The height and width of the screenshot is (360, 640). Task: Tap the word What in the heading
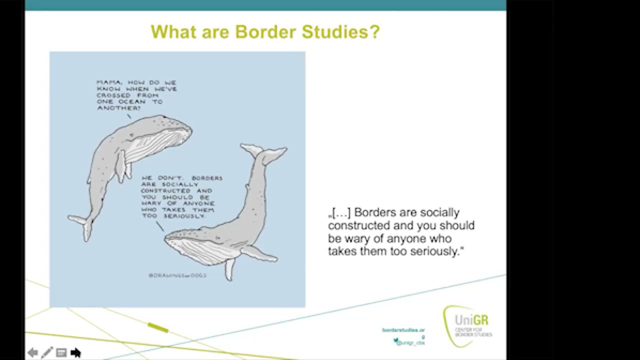coord(172,32)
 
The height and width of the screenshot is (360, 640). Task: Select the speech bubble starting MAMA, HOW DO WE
coord(136,95)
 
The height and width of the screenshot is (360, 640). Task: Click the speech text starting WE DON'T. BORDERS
coord(181,196)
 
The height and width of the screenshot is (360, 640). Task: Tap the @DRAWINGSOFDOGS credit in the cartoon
coord(177,275)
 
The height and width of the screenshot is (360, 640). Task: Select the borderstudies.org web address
coord(403,330)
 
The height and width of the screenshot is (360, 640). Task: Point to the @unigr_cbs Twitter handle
coord(410,342)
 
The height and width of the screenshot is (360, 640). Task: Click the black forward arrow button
coord(75,353)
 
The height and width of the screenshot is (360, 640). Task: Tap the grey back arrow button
coord(32,353)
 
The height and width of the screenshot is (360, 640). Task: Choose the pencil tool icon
coord(46,353)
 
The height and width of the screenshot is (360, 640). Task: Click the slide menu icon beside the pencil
coord(61,353)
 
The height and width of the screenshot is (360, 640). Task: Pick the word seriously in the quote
coord(434,251)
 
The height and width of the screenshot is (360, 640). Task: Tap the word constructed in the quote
coord(356,225)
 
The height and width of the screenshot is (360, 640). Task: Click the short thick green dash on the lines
coord(158,328)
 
